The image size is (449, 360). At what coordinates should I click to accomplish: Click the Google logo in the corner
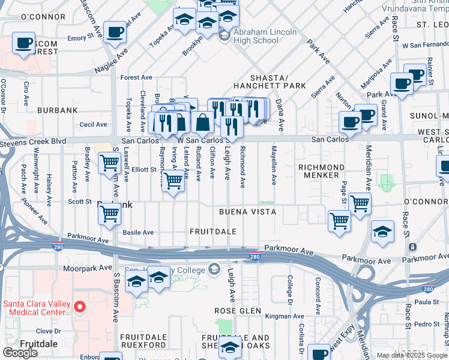click(x=20, y=353)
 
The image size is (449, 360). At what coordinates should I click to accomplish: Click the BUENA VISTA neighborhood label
click(x=247, y=212)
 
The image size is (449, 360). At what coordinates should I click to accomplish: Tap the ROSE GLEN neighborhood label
click(x=238, y=311)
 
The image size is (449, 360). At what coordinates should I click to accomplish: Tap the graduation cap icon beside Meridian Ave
click(x=382, y=230)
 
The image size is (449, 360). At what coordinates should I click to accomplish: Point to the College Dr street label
click(x=290, y=287)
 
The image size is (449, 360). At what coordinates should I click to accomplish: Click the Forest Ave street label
click(x=136, y=77)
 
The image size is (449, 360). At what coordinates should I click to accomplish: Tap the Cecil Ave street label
click(x=92, y=125)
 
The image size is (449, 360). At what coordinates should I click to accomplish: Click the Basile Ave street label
click(x=139, y=232)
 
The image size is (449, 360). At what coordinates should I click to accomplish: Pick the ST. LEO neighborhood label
click(x=432, y=25)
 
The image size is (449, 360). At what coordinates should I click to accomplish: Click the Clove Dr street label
click(x=44, y=331)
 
